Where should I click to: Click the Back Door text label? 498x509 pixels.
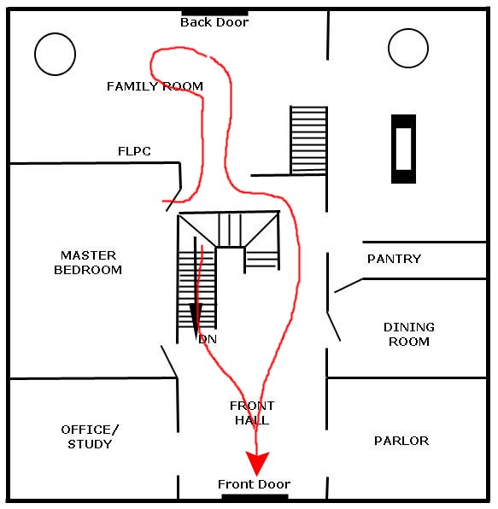214,22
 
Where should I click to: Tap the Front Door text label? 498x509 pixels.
255,484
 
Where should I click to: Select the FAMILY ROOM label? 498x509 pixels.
155,86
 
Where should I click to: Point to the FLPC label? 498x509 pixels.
134,151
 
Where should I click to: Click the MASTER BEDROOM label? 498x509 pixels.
88,263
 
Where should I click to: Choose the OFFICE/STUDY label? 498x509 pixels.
90,437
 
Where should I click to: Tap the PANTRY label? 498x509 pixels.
394,259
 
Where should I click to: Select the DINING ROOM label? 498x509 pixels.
409,335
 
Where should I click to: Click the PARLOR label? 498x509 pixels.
401,441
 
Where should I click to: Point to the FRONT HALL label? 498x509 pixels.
252,412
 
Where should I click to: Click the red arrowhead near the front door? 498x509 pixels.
257,463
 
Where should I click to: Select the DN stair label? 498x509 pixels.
208,339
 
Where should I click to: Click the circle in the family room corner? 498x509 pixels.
56,33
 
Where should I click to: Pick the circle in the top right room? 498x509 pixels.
408,29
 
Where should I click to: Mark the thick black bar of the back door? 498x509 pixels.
214,13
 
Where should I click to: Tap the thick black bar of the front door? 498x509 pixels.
255,497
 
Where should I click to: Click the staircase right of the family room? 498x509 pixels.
308,140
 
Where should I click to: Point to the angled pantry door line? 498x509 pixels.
349,285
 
